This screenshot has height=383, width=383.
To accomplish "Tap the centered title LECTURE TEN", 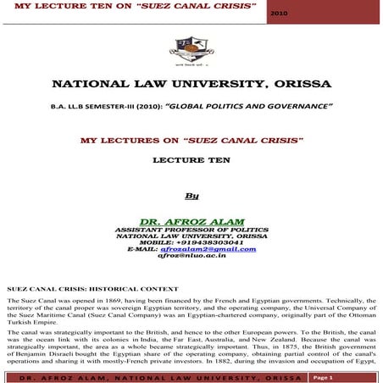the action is pos(191,158).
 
